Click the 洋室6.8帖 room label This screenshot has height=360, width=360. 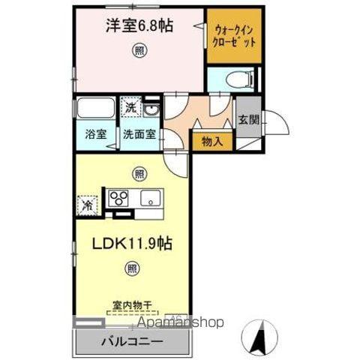tap(140, 25)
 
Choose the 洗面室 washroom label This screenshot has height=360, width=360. tap(140, 135)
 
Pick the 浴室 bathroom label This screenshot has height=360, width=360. tap(95, 135)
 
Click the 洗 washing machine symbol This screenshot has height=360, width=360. tap(132, 107)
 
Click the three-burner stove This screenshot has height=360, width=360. tap(119, 199)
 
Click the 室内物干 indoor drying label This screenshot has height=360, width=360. tap(132, 305)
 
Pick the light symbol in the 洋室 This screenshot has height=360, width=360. tap(139, 51)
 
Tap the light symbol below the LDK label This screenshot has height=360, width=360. tap(132, 266)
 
